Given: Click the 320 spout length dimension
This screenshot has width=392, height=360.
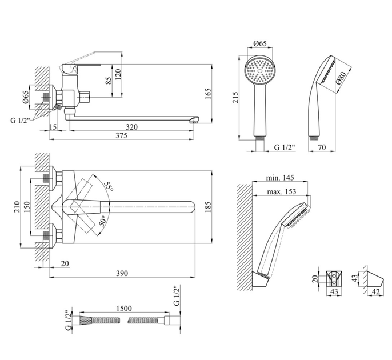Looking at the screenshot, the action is pyautogui.click(x=131, y=127).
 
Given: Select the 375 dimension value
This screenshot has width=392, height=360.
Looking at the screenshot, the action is pyautogui.click(x=121, y=135).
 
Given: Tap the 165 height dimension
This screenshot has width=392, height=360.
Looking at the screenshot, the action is pyautogui.click(x=208, y=94).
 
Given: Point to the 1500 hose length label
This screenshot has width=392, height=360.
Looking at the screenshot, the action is pyautogui.click(x=124, y=308).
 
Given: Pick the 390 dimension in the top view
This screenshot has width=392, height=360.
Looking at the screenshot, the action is pyautogui.click(x=122, y=273).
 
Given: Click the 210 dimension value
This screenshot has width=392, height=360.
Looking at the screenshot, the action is pyautogui.click(x=17, y=207).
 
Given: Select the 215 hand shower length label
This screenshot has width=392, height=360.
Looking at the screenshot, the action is pyautogui.click(x=235, y=98).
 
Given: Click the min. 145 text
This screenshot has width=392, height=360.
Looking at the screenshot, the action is pyautogui.click(x=280, y=178).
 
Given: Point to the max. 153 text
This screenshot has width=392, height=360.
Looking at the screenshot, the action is pyautogui.click(x=282, y=192).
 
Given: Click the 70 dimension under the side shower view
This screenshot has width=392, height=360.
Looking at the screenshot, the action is pyautogui.click(x=322, y=147).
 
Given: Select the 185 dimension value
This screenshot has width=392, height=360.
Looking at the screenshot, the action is pyautogui.click(x=208, y=207).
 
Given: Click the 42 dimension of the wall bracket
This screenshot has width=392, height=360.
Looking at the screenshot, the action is pyautogui.click(x=376, y=292).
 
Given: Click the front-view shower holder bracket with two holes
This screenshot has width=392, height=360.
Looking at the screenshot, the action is pyautogui.click(x=334, y=279).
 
